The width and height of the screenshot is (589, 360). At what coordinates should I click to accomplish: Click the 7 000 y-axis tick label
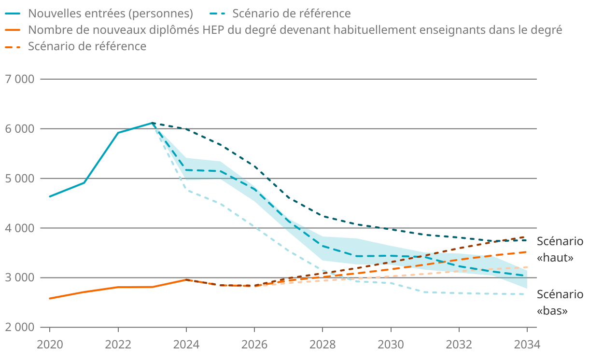point(21,79)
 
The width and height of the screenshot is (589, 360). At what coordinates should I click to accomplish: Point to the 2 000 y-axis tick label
point(21,327)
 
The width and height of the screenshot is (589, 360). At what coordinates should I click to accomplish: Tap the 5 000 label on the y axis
point(21,179)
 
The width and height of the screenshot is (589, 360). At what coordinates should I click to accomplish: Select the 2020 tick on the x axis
point(50,345)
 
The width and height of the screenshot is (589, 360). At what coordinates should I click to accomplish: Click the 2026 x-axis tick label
point(254,345)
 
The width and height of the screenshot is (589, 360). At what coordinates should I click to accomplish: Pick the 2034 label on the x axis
point(527,345)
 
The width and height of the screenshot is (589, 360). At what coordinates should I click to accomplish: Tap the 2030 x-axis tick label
point(391,345)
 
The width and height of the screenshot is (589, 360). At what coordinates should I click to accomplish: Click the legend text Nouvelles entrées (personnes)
point(111,13)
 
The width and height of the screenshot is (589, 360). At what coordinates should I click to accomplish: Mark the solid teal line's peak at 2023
point(152,123)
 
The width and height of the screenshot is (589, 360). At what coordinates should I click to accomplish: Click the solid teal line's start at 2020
point(50,196)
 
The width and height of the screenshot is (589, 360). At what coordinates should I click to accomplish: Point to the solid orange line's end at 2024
point(186,279)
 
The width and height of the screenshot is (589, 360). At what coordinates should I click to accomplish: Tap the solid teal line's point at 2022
point(118,133)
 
